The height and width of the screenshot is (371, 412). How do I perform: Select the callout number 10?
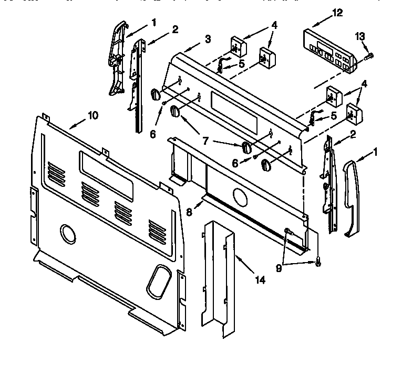tap(92, 116)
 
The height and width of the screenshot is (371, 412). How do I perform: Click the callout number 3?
tap(209, 38)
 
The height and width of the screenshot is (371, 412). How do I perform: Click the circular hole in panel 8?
tap(240, 199)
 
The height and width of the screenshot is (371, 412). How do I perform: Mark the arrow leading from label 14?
tap(242, 265)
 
